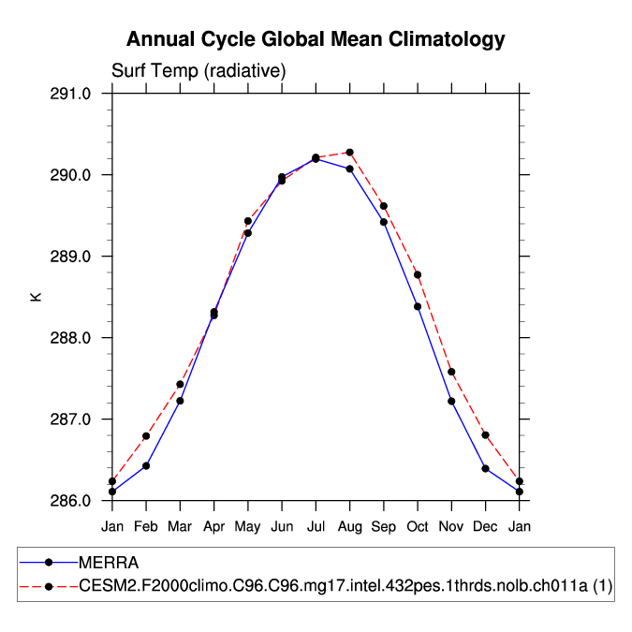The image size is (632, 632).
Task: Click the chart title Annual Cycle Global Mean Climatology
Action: (x=316, y=39)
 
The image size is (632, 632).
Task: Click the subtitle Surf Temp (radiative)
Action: (x=198, y=71)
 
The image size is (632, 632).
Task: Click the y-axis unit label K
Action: (x=37, y=297)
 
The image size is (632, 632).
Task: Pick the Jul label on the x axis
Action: (x=316, y=526)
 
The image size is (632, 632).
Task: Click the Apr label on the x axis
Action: (x=214, y=526)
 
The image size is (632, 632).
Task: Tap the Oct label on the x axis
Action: (x=418, y=526)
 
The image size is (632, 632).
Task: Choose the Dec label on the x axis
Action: (x=485, y=526)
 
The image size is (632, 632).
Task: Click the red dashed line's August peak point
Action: (x=349, y=152)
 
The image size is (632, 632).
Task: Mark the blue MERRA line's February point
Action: (x=146, y=465)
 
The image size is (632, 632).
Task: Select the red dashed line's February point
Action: (x=146, y=436)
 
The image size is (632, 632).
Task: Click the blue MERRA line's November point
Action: (x=451, y=401)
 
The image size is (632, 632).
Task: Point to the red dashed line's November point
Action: (x=451, y=372)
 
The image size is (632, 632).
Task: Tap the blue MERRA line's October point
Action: (x=418, y=306)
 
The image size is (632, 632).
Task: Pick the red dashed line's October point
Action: (x=418, y=274)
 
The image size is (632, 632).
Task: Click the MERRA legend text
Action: (x=109, y=563)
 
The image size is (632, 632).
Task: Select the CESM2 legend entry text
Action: (x=345, y=586)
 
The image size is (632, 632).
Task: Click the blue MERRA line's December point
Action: (x=485, y=468)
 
